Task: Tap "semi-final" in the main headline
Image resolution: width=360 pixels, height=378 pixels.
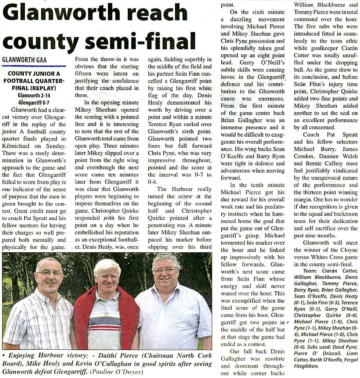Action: click(145, 41)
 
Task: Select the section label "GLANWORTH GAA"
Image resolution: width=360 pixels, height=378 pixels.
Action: click(25, 60)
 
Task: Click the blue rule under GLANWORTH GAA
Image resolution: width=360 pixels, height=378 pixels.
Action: click(34, 66)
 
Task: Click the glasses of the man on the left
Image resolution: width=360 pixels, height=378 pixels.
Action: click(49, 273)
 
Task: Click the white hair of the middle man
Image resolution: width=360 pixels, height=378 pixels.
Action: click(107, 265)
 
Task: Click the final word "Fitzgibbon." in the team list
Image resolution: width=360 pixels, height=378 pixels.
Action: click(308, 366)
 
